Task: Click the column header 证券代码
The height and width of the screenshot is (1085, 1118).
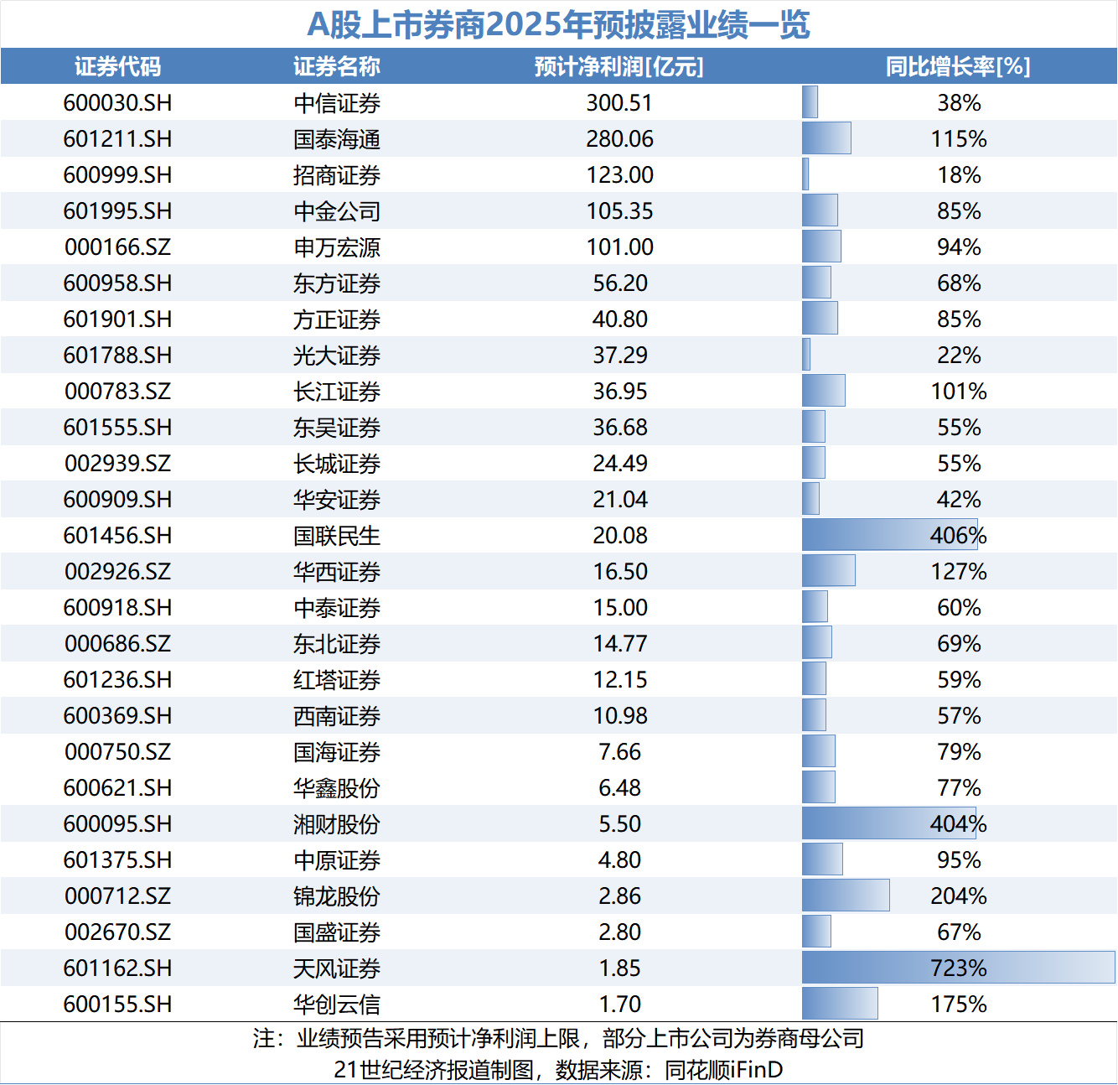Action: pyautogui.click(x=117, y=66)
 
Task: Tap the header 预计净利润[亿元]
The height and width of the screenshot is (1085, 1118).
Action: pyautogui.click(x=619, y=66)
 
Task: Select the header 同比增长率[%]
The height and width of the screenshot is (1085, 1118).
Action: pyautogui.click(x=958, y=66)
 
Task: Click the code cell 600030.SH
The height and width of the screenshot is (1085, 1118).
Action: pyautogui.click(x=117, y=103)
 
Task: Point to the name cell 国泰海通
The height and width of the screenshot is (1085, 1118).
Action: pyautogui.click(x=337, y=139)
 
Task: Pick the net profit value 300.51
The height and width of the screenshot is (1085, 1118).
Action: pyautogui.click(x=619, y=103)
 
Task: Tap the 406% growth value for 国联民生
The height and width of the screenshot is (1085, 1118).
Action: pyautogui.click(x=958, y=535)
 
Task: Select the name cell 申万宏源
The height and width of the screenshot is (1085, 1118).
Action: pyautogui.click(x=337, y=247)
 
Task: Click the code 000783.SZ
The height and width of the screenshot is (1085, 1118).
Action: pyautogui.click(x=117, y=392)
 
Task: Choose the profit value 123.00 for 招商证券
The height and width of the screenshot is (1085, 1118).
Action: pyautogui.click(x=619, y=175)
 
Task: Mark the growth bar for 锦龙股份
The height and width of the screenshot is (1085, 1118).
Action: pyautogui.click(x=845, y=896)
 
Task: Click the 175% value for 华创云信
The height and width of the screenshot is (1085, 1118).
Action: pyautogui.click(x=958, y=1004)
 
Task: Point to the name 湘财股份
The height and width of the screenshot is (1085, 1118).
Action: pyautogui.click(x=337, y=824)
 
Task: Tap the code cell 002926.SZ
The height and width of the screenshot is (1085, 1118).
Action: pyautogui.click(x=117, y=572)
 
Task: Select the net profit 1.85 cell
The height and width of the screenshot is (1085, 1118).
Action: pyautogui.click(x=619, y=968)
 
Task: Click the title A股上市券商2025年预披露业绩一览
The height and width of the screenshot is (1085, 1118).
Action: pyautogui.click(x=558, y=24)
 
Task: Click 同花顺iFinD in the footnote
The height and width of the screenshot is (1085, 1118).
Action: pyautogui.click(x=723, y=1070)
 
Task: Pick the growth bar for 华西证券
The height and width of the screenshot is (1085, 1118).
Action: pyautogui.click(x=828, y=571)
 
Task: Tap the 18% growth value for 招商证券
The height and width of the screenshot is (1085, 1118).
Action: pyautogui.click(x=958, y=175)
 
